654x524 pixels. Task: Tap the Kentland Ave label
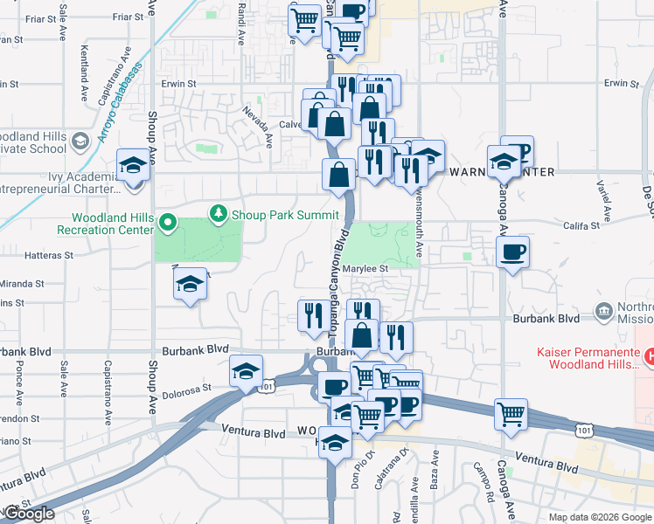coord(84,64)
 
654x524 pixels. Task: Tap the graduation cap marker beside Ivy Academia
coord(132,164)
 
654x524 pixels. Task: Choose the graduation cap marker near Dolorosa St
coord(247,371)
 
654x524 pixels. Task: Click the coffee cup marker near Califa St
coord(512,252)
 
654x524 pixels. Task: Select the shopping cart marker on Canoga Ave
coord(511,414)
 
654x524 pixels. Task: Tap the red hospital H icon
coord(650,356)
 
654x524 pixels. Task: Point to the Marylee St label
coord(365,270)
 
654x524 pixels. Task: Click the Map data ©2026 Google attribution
coord(600,517)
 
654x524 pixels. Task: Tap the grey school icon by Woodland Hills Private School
coord(80,141)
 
